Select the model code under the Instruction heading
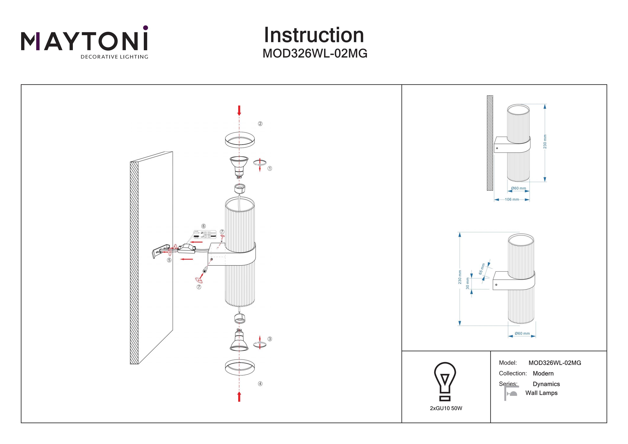point(315,54)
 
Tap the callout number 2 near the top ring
point(260,124)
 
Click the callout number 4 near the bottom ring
point(260,384)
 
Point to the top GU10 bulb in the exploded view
point(239,166)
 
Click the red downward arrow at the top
point(239,111)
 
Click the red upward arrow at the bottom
point(239,396)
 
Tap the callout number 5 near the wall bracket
point(169,260)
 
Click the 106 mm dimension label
point(511,199)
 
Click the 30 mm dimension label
point(467,283)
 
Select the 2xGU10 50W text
point(446,408)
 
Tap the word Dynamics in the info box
point(546,384)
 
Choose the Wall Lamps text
point(541,393)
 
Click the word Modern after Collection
point(543,373)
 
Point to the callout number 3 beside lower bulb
point(270,339)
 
